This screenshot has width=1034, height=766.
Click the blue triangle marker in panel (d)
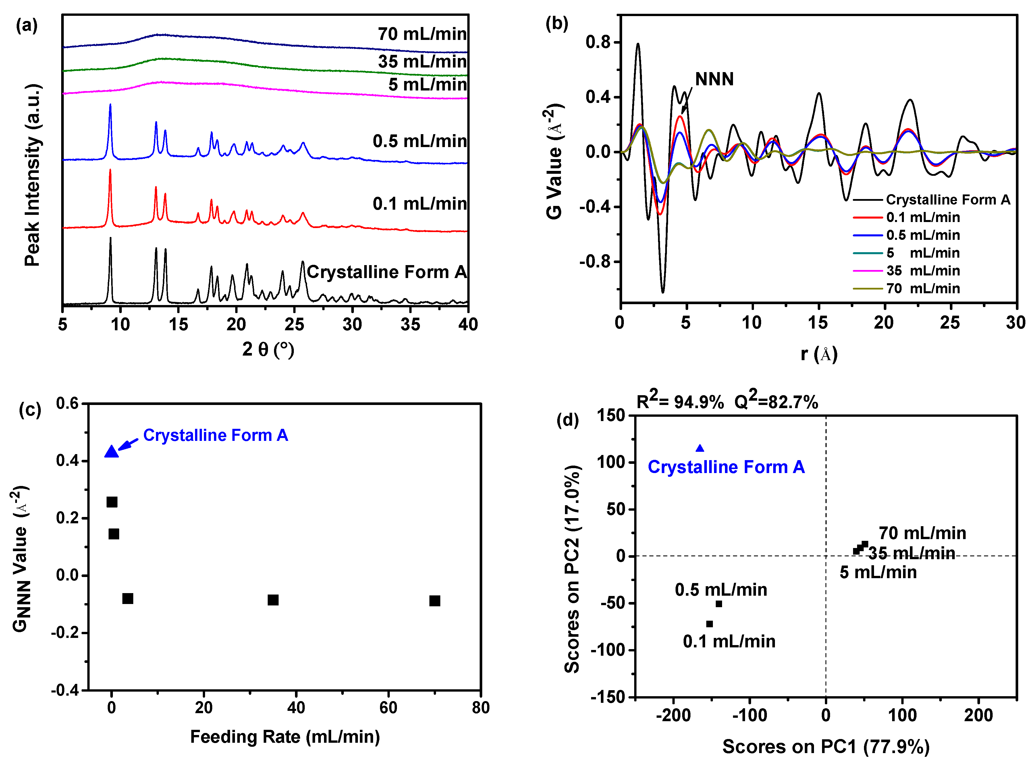coord(700,448)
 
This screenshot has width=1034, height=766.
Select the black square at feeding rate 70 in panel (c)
coord(435,601)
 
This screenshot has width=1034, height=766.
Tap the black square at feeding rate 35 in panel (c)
coord(273,600)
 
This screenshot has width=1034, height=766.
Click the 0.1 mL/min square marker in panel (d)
coord(709,624)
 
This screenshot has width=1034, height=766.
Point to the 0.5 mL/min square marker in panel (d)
coord(719,604)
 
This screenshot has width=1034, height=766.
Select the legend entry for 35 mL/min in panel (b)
coord(923,271)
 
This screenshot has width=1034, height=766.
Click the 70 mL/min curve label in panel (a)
coord(422,34)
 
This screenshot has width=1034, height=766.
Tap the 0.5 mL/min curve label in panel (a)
coord(420,141)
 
